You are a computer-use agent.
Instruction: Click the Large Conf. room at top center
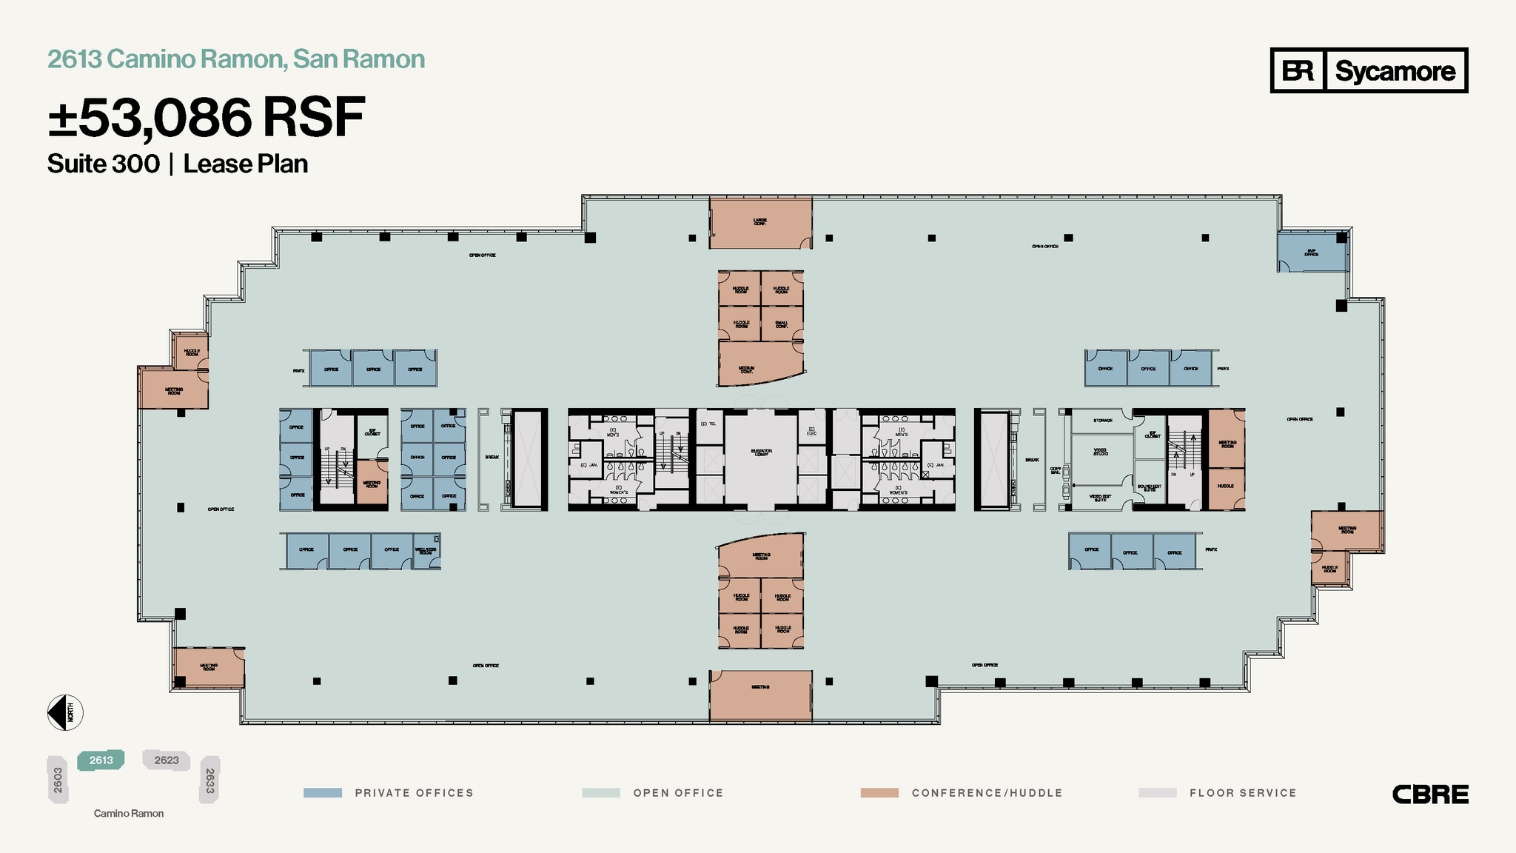coord(760,222)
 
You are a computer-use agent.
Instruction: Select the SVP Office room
coord(1311,252)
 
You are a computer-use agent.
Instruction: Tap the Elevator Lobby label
coord(761,452)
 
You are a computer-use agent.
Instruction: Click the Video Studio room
coord(1101,452)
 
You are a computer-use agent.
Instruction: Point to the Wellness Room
coord(426,552)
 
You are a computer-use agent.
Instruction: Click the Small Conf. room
coord(782,324)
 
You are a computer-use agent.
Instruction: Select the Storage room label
coord(1102,421)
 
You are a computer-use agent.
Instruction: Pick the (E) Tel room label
coord(708,424)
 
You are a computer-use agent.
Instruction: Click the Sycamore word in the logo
coord(1395,71)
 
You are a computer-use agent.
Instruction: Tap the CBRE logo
coord(1429,795)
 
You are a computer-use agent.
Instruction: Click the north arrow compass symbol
coord(65,713)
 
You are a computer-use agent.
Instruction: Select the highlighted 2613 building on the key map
coord(101,760)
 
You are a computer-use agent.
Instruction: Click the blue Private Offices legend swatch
coord(323,793)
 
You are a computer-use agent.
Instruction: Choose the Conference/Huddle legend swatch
coord(879,793)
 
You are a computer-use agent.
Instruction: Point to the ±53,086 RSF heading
coord(207,118)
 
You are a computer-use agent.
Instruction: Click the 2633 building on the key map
coord(210,780)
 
